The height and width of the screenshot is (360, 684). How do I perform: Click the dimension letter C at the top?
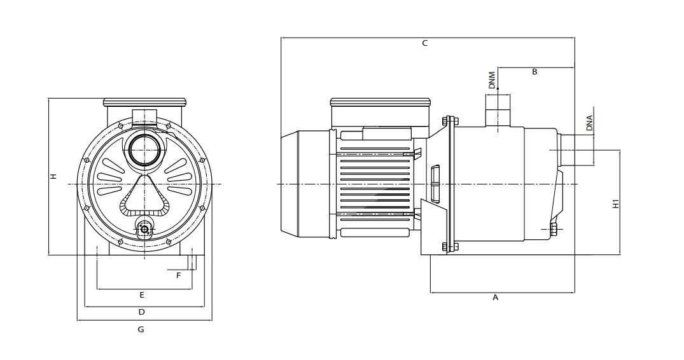pos(425,43)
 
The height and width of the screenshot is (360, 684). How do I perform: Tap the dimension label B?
pos(534,72)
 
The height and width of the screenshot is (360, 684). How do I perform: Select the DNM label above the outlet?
pos(492,80)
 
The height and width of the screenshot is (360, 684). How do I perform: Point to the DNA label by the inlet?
pos(589,123)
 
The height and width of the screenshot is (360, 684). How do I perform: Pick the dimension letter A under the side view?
pos(495,298)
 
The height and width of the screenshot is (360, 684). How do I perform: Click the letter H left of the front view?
pos(53,177)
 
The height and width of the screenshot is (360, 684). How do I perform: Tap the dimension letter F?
pos(178,275)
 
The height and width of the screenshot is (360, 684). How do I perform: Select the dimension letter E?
pos(142,295)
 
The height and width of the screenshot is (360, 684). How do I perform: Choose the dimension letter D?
pos(141,312)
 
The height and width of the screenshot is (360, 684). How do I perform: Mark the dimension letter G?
pos(141,329)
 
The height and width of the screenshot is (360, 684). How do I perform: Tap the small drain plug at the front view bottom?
pos(144,228)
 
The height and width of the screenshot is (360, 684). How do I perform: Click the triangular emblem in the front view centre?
pos(144,195)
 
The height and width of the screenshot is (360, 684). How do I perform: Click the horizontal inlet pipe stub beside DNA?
pos(566,150)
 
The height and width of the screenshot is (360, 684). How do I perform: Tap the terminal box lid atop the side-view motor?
pos(381,103)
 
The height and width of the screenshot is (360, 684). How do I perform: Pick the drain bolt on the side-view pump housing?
pos(554,229)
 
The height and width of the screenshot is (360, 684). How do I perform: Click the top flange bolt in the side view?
pos(450,121)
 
